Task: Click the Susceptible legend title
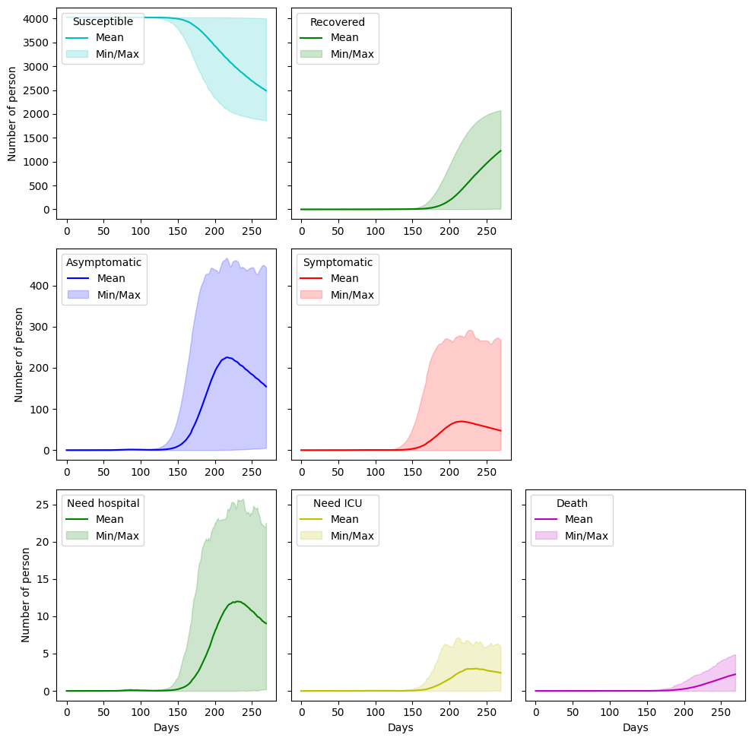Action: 103,21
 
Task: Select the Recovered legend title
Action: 337,22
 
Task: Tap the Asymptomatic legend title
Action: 103,263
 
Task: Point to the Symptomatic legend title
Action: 338,263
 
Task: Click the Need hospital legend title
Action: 103,503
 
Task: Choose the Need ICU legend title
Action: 338,503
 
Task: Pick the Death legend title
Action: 572,503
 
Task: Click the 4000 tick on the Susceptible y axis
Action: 36,19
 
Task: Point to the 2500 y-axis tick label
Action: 36,90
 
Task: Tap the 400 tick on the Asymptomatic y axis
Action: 40,286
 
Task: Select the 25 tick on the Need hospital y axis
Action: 43,505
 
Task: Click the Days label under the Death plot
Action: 636,727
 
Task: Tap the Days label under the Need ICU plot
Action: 401,727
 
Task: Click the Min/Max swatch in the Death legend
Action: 546,535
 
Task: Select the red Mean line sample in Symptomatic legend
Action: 311,278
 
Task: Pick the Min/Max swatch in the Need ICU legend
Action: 311,535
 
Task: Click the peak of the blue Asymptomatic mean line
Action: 227,357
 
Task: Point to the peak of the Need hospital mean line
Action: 237,601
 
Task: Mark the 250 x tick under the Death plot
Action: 721,712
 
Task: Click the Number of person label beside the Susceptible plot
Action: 12,114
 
